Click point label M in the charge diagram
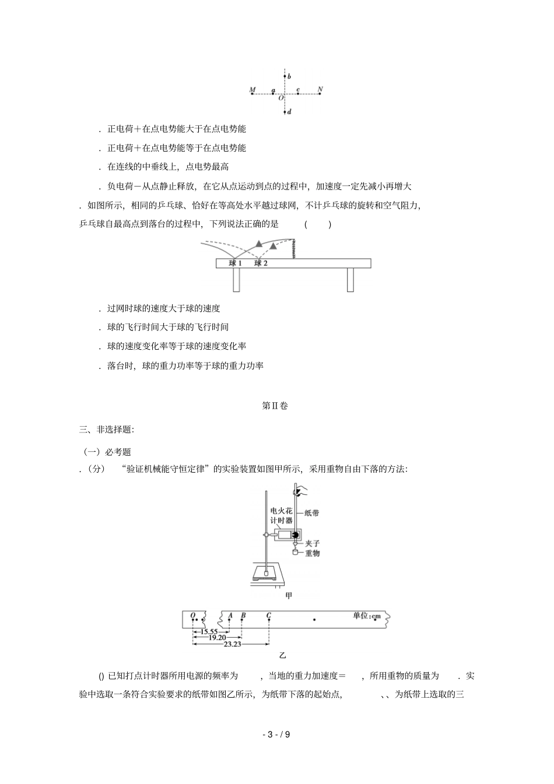point(252,90)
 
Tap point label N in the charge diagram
point(320,89)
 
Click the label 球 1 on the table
point(236,263)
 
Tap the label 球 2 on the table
point(261,263)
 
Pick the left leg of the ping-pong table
point(236,279)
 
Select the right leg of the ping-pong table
point(350,279)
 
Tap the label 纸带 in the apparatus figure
point(312,514)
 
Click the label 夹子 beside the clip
point(313,543)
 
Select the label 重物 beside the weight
point(313,553)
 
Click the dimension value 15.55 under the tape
point(208,632)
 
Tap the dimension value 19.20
point(217,638)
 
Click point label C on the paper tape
point(268,616)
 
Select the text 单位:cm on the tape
point(366,616)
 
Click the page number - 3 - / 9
point(276,734)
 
